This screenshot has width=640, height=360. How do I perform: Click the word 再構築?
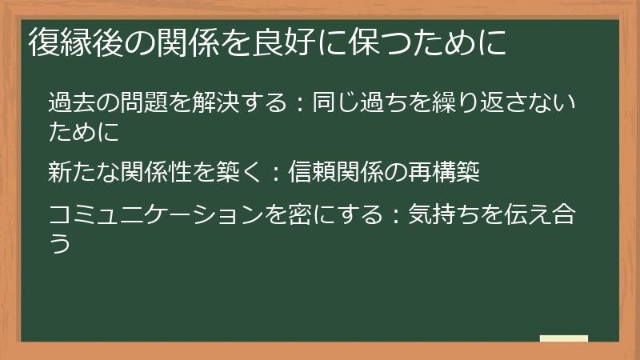[444, 171]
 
